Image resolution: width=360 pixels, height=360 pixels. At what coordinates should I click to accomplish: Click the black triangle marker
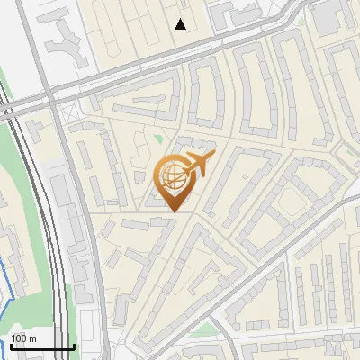pyautogui.click(x=182, y=24)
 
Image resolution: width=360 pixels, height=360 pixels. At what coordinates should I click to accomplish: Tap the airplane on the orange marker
pyautogui.click(x=197, y=165)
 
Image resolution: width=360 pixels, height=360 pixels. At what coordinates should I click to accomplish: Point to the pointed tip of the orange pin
pyautogui.click(x=173, y=212)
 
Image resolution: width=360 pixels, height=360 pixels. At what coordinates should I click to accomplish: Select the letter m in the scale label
pyautogui.click(x=34, y=338)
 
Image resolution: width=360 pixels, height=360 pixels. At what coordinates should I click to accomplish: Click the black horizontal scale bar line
pyautogui.click(x=41, y=346)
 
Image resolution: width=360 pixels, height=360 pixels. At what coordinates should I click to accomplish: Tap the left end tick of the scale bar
pyautogui.click(x=10, y=345)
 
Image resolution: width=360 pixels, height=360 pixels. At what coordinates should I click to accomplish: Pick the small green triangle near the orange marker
pyautogui.click(x=158, y=140)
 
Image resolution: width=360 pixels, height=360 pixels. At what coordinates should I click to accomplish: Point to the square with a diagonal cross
pyautogui.click(x=67, y=113)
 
